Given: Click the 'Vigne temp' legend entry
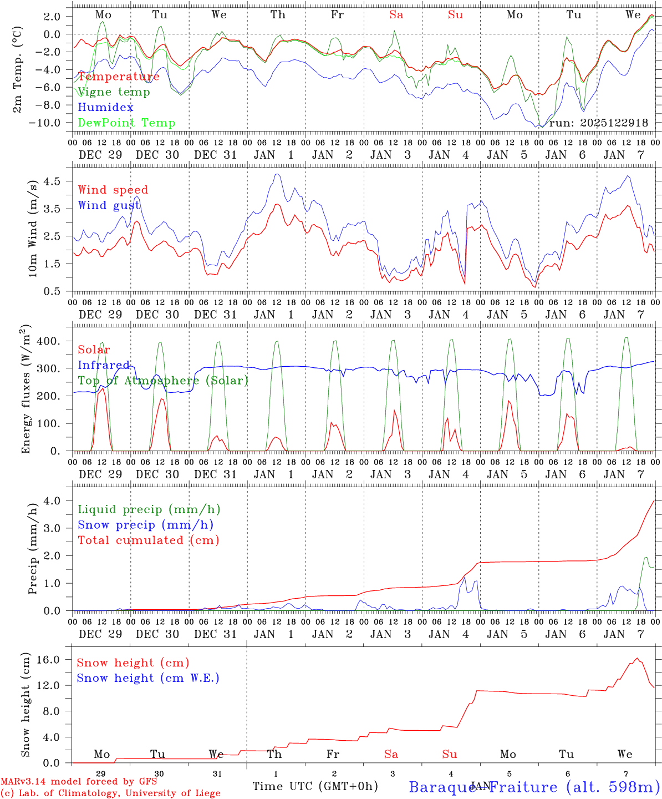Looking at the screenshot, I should [114, 92].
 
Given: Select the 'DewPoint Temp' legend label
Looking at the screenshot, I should [126, 123].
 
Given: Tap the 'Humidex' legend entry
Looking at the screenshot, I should [105, 108].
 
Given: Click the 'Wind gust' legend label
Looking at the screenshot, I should [109, 206].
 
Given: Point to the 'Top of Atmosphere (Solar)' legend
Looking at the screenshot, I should [163, 381].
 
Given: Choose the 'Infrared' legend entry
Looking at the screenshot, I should [104, 365].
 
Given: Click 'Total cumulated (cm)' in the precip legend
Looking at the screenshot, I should [149, 540].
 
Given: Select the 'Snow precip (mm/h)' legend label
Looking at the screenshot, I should [145, 525].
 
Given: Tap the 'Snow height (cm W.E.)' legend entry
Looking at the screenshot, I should [148, 678].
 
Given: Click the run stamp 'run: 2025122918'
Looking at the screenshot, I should [598, 123].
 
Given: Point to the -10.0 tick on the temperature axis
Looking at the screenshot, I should [45, 123].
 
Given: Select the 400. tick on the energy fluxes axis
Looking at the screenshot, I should [48, 341].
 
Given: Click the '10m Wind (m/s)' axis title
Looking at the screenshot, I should [32, 227].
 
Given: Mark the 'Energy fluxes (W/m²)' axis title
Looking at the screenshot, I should [26, 388].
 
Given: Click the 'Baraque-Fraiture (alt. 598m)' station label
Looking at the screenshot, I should [534, 787].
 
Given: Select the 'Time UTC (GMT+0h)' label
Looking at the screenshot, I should [315, 786].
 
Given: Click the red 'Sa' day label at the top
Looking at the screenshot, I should [396, 15].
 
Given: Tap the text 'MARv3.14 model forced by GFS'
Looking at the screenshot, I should [79, 782].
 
